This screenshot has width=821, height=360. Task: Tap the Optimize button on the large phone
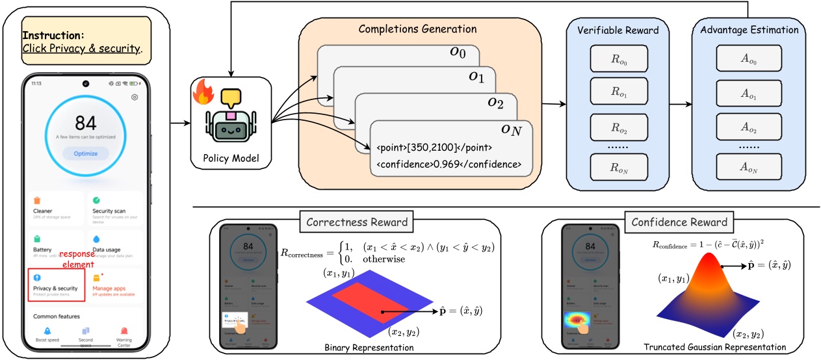(x=86, y=153)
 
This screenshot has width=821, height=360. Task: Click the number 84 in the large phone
(x=86, y=123)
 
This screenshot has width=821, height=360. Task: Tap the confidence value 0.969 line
(x=449, y=164)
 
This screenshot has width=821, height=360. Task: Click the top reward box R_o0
(x=618, y=59)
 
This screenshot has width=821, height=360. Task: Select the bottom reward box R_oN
(x=618, y=168)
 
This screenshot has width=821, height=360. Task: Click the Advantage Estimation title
(x=745, y=29)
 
